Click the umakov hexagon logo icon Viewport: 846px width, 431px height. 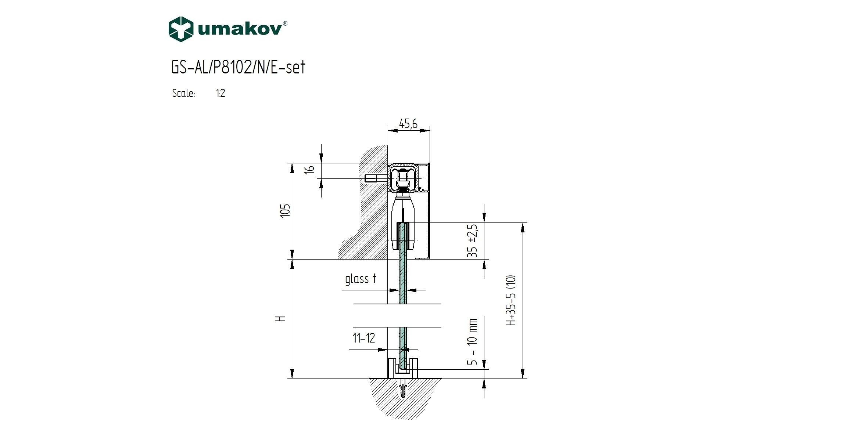click(181, 29)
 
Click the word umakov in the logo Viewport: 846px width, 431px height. click(240, 30)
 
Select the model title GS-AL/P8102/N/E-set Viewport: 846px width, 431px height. click(238, 68)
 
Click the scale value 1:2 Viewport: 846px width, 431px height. click(221, 93)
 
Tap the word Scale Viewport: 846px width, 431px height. click(183, 93)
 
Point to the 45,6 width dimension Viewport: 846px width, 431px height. click(408, 124)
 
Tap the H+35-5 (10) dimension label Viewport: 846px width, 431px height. click(511, 300)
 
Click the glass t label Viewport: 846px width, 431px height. click(361, 279)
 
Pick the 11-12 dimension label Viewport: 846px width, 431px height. click(364, 338)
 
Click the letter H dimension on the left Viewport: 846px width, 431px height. click(281, 319)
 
